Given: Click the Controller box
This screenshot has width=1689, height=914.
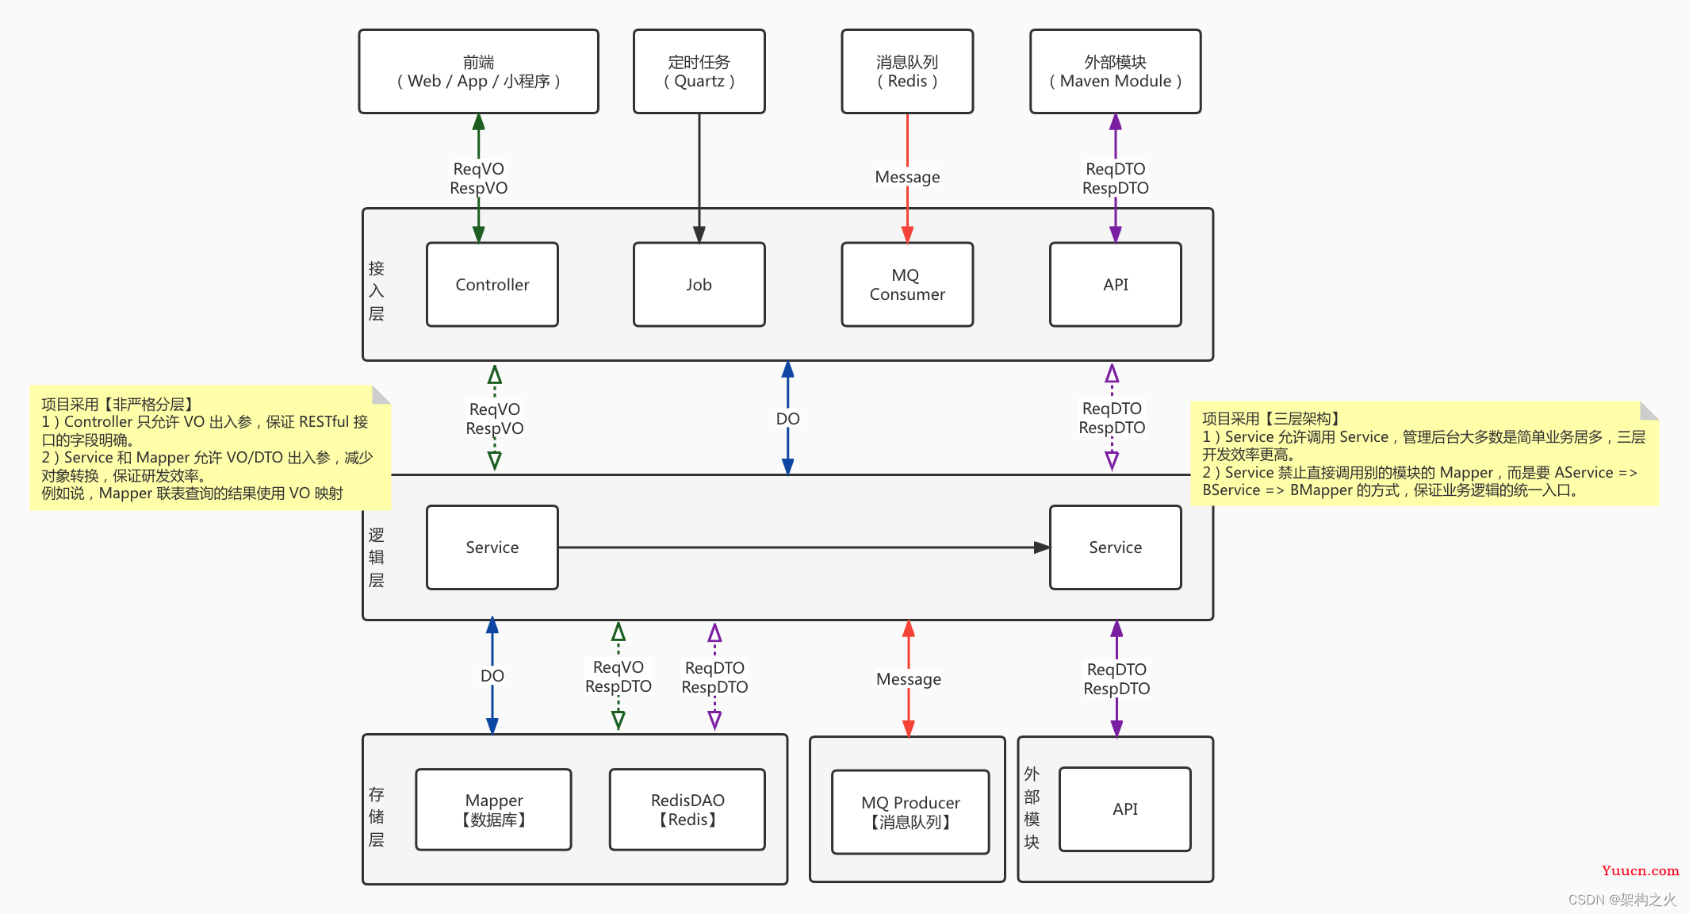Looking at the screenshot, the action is [x=492, y=285].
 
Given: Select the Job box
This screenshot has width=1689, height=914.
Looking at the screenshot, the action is [x=699, y=285].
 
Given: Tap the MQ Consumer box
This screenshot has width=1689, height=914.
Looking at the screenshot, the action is [x=907, y=285].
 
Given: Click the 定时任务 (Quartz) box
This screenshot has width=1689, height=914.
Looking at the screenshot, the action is [x=699, y=71].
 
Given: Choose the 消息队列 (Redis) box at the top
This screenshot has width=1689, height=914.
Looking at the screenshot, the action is [x=907, y=71].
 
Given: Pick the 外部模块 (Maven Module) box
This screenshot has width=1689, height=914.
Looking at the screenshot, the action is [x=1116, y=71].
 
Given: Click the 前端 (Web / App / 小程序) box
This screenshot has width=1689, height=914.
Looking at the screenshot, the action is [x=479, y=71].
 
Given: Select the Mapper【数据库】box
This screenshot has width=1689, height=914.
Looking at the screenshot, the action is [x=494, y=810].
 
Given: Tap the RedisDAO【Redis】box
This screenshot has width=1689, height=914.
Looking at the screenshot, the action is [x=687, y=810].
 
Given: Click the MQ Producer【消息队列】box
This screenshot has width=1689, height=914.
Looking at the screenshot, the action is [x=910, y=812].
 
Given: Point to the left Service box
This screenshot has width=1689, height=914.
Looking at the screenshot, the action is [x=492, y=547].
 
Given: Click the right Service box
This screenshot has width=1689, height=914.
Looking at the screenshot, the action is [x=1116, y=547].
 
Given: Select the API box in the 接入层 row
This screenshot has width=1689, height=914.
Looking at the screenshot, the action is [x=1116, y=285].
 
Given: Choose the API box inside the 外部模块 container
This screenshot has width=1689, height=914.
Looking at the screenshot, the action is [x=1125, y=809].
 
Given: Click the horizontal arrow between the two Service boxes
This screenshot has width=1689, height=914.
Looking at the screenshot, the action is [x=804, y=547].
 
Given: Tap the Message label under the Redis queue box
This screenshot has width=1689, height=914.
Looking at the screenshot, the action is [x=907, y=177].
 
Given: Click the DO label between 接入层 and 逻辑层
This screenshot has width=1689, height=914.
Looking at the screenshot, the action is [x=787, y=419].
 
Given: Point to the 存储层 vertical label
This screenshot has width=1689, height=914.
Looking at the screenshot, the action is [x=377, y=817].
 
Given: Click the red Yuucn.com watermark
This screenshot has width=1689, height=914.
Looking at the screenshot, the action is [x=1640, y=871].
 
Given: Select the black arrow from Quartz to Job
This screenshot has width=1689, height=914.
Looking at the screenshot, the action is [x=699, y=179].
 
